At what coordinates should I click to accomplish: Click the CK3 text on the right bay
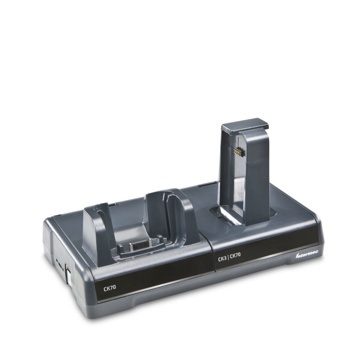point(223,259)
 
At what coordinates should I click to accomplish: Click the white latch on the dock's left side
point(68,275)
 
